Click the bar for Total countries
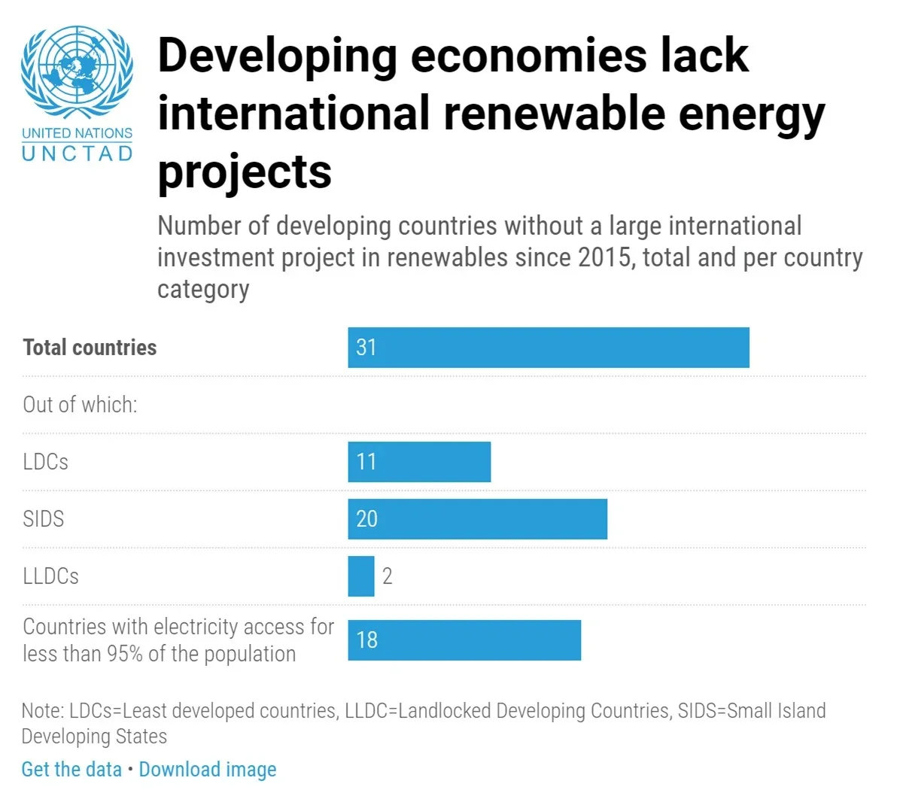click(548, 348)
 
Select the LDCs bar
click(419, 462)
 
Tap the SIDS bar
click(477, 519)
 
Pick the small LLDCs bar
click(361, 576)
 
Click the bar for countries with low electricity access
click(464, 640)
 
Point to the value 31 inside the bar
click(366, 348)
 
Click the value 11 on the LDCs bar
click(366, 462)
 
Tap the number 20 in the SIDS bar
click(366, 519)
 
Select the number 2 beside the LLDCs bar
click(388, 576)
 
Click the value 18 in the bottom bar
click(366, 640)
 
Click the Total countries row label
click(90, 348)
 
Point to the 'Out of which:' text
click(80, 405)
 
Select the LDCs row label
click(45, 462)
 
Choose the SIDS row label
click(43, 519)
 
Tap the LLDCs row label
click(50, 576)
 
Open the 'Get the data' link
click(71, 770)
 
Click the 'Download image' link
click(208, 770)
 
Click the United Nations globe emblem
click(77, 71)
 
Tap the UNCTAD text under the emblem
click(77, 153)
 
